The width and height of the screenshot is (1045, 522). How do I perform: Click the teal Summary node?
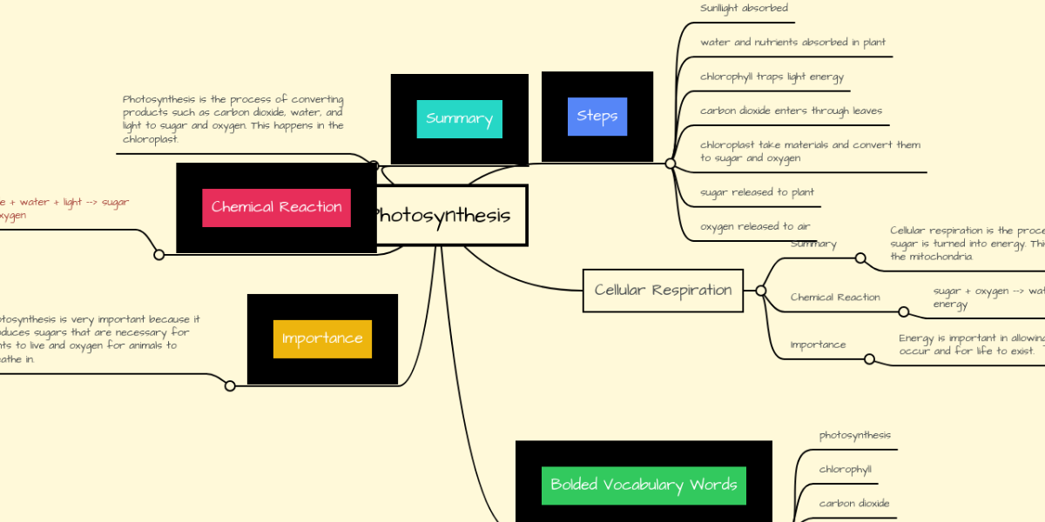pyautogui.click(x=459, y=119)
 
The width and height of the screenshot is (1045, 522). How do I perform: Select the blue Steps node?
pyautogui.click(x=597, y=117)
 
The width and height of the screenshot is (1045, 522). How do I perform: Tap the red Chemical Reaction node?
pyautogui.click(x=276, y=208)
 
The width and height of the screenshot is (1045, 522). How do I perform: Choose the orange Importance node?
pyautogui.click(x=322, y=338)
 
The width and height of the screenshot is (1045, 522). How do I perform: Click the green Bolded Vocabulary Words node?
pyautogui.click(x=644, y=485)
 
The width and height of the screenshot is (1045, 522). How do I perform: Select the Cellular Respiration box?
pyautogui.click(x=663, y=291)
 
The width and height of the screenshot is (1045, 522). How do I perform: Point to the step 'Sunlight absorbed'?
pyautogui.click(x=744, y=9)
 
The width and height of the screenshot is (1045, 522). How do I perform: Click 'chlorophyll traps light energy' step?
pyautogui.click(x=772, y=77)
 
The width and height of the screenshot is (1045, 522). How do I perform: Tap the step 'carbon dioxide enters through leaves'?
pyautogui.click(x=791, y=110)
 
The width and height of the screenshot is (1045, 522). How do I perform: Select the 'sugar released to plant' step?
pyautogui.click(x=757, y=192)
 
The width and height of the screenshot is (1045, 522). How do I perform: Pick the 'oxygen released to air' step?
pyautogui.click(x=755, y=226)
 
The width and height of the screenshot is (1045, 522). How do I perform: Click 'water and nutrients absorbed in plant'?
pyautogui.click(x=792, y=43)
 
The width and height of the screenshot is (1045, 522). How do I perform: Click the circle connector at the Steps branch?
pyautogui.click(x=670, y=163)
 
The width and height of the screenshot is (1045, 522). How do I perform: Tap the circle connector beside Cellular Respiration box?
pyautogui.click(x=761, y=291)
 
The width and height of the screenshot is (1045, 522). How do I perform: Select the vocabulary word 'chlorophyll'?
pyautogui.click(x=845, y=470)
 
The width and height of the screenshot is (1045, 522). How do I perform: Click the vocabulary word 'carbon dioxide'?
pyautogui.click(x=853, y=504)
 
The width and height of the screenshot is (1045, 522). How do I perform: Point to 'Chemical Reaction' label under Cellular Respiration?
pyautogui.click(x=835, y=298)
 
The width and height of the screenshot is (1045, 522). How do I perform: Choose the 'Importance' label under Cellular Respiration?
pyautogui.click(x=818, y=345)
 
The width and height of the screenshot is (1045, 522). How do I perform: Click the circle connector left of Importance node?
pyautogui.click(x=230, y=385)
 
